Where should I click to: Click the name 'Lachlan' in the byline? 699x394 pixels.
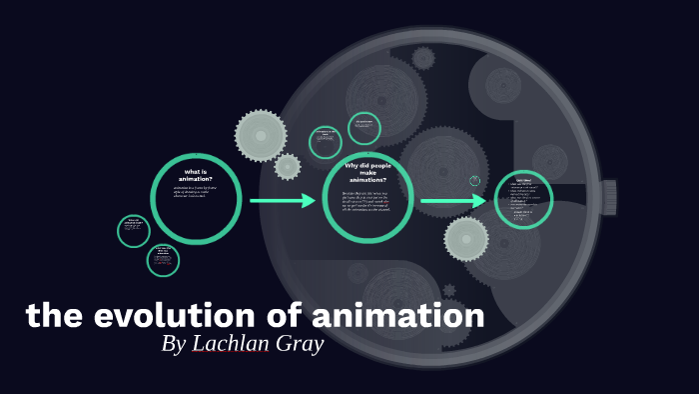[236, 344]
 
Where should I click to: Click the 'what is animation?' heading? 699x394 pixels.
[196, 174]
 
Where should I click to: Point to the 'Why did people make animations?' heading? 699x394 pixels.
[368, 171]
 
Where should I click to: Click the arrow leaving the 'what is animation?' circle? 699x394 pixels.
[282, 201]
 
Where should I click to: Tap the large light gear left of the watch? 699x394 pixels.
[261, 135]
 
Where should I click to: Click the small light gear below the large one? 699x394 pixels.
[288, 166]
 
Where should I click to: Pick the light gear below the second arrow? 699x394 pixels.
[466, 239]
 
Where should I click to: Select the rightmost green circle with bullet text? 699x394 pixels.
[523, 200]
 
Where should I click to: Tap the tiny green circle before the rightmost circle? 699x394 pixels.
[475, 181]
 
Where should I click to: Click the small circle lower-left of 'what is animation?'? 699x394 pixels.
[133, 230]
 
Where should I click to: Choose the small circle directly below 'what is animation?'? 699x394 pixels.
[163, 260]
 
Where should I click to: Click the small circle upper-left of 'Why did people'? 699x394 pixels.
[326, 142]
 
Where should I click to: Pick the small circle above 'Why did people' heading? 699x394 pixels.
[364, 128]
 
